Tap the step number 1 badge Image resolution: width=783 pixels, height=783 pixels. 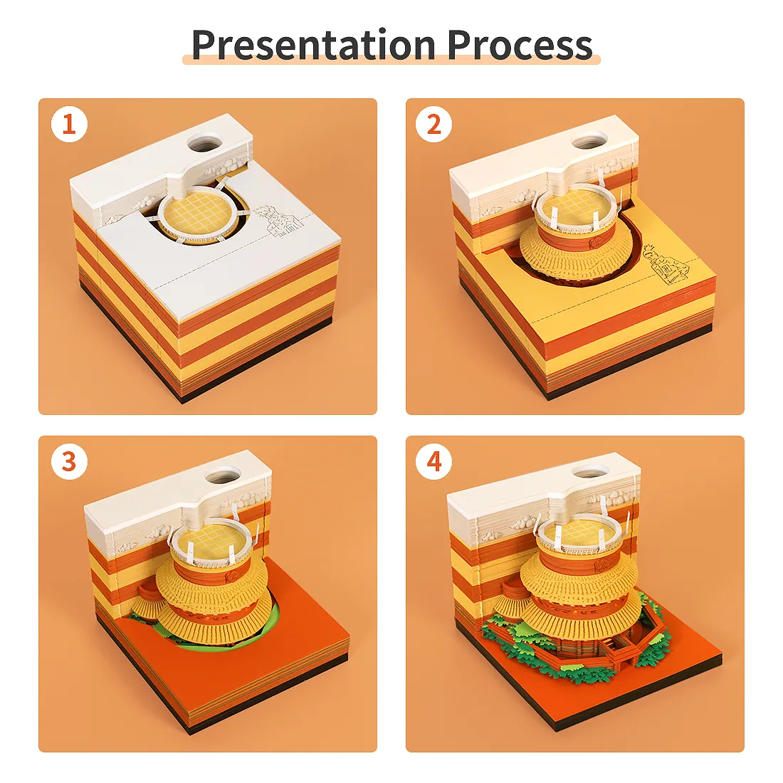click(x=69, y=124)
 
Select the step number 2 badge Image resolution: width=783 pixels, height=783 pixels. click(x=433, y=124)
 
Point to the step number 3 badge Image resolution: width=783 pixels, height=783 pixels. click(x=69, y=461)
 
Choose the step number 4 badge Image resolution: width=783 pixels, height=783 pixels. click(x=433, y=461)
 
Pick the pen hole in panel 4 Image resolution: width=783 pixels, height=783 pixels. click(x=592, y=473)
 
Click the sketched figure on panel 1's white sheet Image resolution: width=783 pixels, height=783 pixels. click(x=278, y=221)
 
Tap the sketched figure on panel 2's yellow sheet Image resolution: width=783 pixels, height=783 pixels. click(x=666, y=266)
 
